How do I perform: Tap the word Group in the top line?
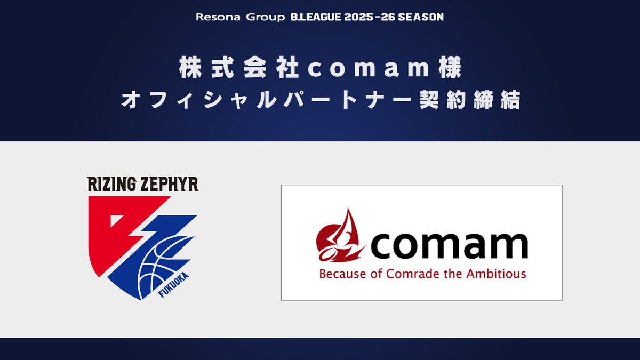(x=254, y=17)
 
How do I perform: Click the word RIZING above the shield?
(x=109, y=185)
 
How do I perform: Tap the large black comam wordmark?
(x=447, y=246)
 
